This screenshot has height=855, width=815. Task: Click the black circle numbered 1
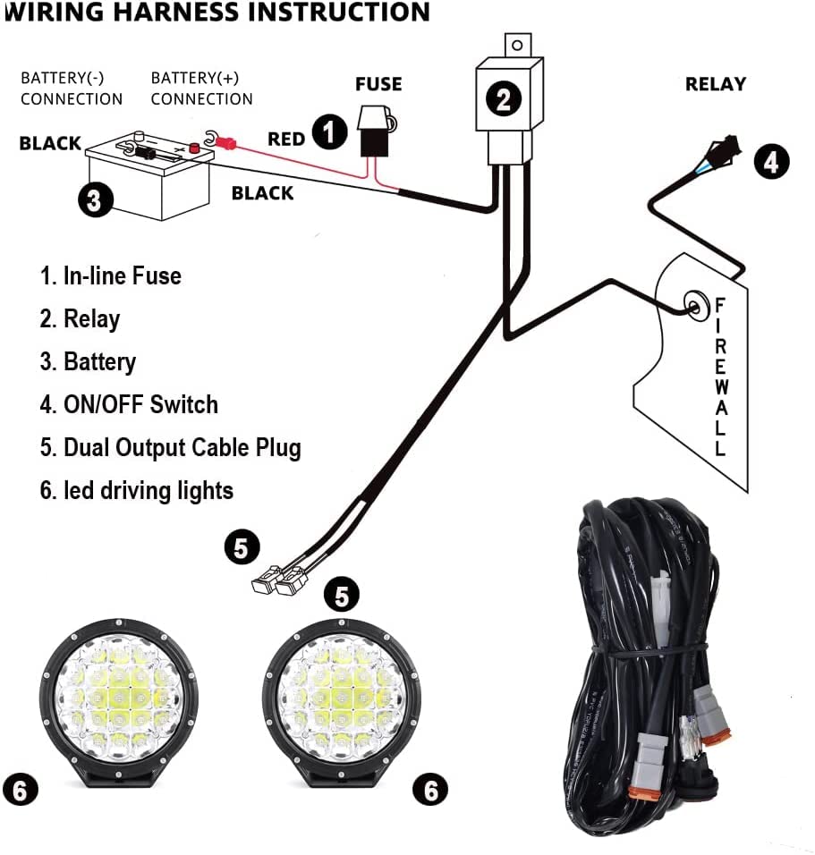point(330,133)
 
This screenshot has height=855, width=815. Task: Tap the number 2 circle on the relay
point(504,98)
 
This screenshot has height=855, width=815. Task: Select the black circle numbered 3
point(96,199)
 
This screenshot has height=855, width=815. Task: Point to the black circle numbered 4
point(771,161)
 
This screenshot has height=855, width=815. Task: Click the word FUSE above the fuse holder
point(378,84)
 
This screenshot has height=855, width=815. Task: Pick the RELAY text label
point(715,84)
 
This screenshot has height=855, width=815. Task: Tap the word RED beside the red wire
point(286,139)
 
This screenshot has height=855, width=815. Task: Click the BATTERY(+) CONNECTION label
point(201,89)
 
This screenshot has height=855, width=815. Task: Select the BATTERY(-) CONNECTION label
point(71,89)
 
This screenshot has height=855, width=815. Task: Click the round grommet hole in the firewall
point(694,306)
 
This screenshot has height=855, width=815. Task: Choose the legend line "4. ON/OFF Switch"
point(129,404)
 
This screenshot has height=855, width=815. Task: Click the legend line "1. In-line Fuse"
point(110,275)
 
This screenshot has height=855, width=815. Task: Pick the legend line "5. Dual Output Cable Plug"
point(170,447)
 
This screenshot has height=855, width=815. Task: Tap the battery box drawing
point(148,183)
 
